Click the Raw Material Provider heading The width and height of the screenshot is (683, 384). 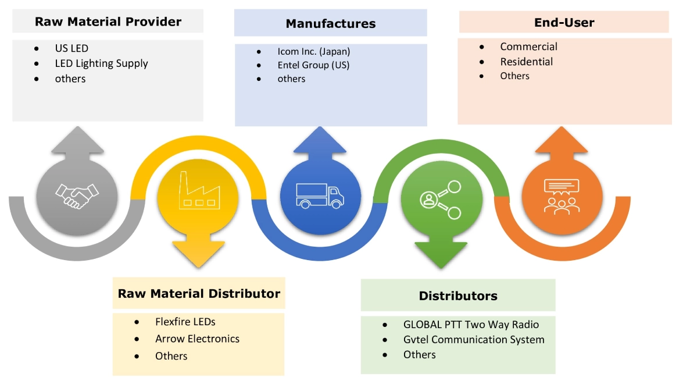(108, 22)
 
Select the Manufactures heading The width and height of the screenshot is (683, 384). (330, 24)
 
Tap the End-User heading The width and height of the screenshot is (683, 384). (564, 23)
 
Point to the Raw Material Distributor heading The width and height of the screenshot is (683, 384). (199, 293)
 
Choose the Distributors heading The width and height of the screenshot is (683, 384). (458, 296)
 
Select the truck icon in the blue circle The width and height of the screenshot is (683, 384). (320, 195)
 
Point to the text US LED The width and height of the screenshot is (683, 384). (71, 48)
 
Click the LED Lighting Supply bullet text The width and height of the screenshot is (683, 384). (101, 63)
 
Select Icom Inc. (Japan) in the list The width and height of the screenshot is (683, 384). (314, 51)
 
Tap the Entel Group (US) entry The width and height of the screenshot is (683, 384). (313, 65)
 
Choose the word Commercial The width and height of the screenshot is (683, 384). (528, 47)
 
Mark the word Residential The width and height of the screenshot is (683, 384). (526, 62)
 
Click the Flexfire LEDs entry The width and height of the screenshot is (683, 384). (185, 321)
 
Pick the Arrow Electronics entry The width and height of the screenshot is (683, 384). (197, 339)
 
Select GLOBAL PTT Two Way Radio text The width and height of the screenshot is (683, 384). (471, 325)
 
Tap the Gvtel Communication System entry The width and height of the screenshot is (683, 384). (474, 339)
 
